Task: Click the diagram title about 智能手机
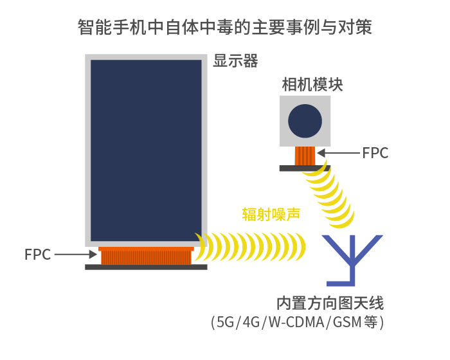pos(225,27)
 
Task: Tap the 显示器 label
pos(235,61)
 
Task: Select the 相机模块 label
pos(312,84)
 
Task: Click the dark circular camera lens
pos(305,121)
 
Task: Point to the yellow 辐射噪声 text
pos(271,214)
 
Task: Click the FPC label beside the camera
pos(375,153)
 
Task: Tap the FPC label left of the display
pos(37,255)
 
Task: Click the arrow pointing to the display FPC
pos(76,255)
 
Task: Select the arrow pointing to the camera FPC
pos(339,153)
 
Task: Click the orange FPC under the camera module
pos(305,156)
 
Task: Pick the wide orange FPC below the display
pos(146,255)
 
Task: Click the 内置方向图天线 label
pos(330,303)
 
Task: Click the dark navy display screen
pos(146,150)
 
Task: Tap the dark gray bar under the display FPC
pos(146,267)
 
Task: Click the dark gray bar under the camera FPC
pos(305,168)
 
